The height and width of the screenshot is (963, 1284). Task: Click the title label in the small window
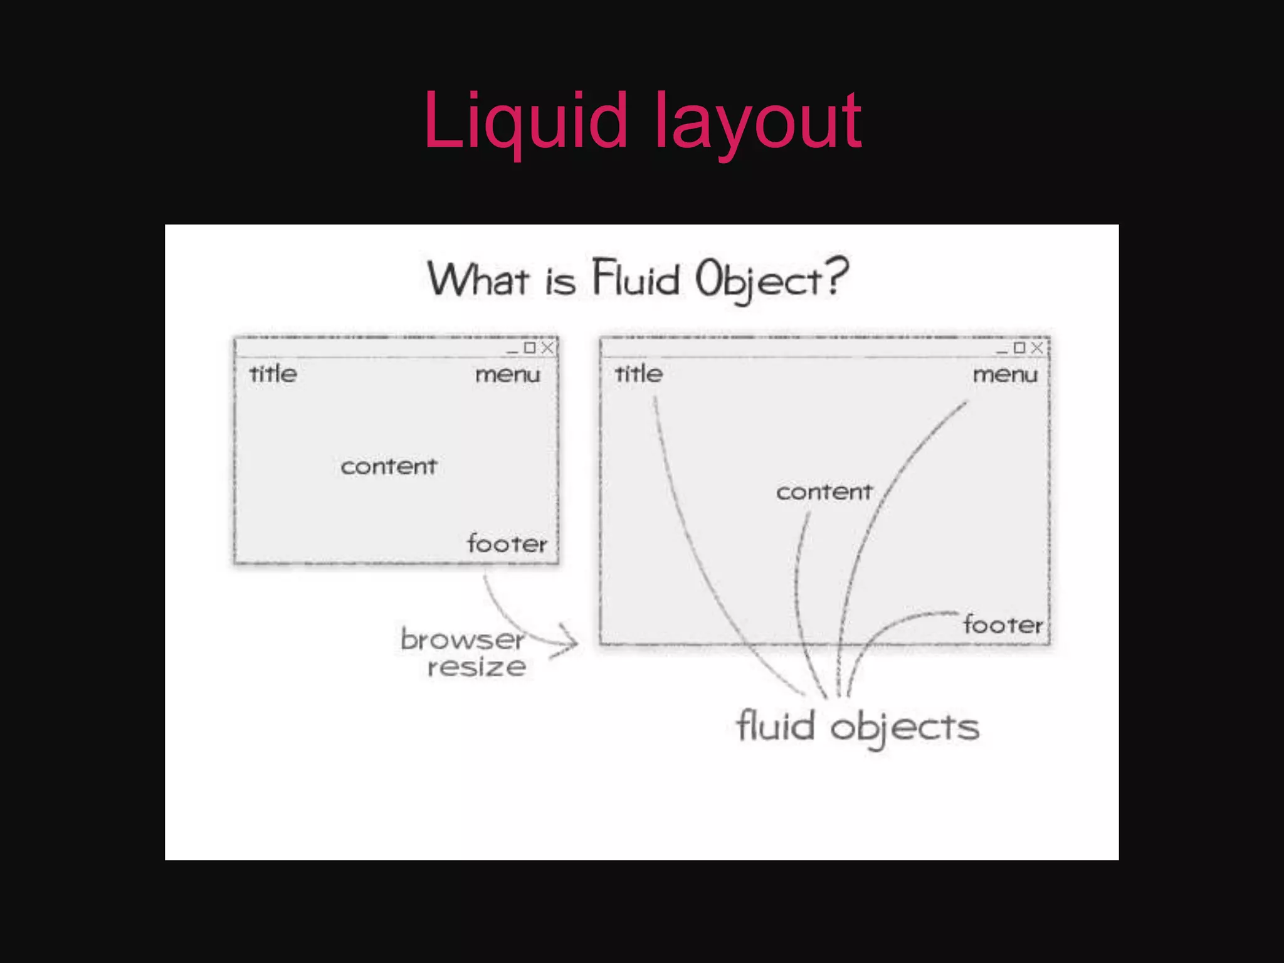pos(273,374)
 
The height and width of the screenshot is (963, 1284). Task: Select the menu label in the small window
pos(507,375)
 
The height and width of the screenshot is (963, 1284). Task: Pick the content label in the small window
pos(389,466)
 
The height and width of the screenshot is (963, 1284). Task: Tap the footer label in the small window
pos(507,543)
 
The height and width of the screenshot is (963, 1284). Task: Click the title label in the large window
pos(638,374)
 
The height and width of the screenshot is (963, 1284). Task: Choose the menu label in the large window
pos(1005,375)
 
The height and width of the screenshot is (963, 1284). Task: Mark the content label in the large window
pos(824,492)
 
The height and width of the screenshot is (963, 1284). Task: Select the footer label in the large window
pos(1003,624)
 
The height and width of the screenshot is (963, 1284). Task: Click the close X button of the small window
pos(547,347)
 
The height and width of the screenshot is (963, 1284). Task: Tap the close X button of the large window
pos(1037,347)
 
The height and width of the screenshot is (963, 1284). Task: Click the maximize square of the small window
pos(530,347)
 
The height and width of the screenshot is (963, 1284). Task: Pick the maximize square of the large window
pos(1019,347)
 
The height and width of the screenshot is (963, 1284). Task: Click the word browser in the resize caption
pos(462,639)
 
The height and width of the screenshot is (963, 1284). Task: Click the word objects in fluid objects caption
pos(905,728)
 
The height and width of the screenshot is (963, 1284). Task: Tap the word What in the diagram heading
pos(478,280)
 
